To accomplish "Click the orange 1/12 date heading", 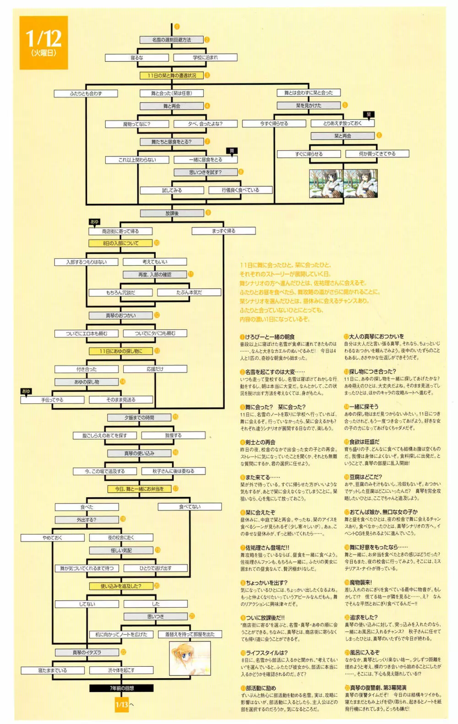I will click(x=44, y=43).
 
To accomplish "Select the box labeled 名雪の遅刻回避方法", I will click(x=171, y=40).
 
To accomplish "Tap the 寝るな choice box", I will click(x=137, y=58).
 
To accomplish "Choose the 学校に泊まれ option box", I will click(x=205, y=58).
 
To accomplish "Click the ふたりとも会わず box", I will click(x=86, y=93).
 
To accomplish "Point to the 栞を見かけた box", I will click(x=308, y=105).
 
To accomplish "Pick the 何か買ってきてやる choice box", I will click(x=377, y=154).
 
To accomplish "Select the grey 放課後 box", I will click(x=172, y=213).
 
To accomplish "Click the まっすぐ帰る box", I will click(x=224, y=231).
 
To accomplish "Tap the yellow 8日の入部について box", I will click(x=120, y=243).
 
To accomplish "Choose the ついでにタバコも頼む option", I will click(x=155, y=333).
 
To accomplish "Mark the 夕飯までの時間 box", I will click(x=139, y=418).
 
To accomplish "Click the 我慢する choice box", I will click(x=173, y=435).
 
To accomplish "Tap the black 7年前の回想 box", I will click(x=121, y=688).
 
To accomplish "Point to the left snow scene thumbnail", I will click(x=326, y=183).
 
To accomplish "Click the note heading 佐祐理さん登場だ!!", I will click(x=267, y=547).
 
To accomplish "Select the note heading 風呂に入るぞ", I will click(x=365, y=653).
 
